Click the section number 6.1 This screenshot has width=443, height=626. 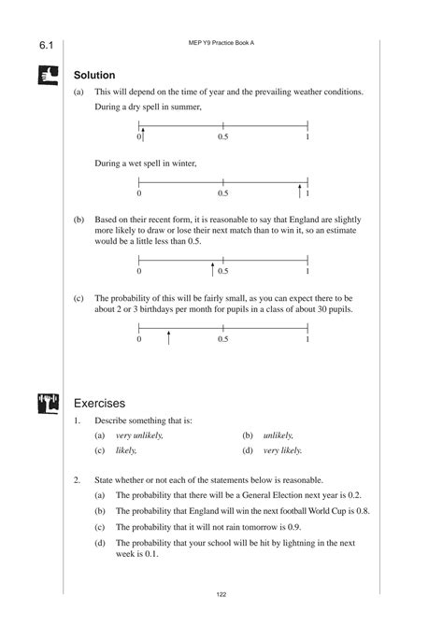pos(47,46)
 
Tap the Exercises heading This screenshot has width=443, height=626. pos(99,404)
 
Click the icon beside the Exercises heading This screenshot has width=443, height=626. pos(48,404)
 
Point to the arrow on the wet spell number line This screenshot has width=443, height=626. pos(300,192)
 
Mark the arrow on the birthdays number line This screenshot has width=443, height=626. pos(168,337)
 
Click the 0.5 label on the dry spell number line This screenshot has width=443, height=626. pos(223,138)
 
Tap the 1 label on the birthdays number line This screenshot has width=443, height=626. pos(307,340)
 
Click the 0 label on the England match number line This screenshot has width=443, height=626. pos(138,273)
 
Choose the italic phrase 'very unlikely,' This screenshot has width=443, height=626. pos(140,435)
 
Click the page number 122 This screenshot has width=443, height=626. pos(221,594)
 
